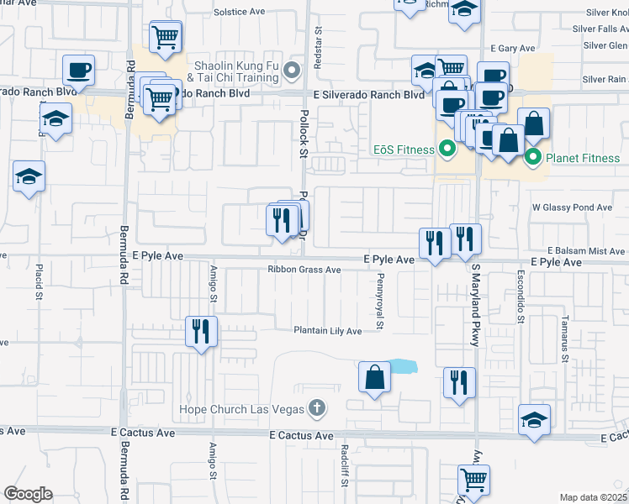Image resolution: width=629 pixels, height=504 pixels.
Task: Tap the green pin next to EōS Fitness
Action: (x=447, y=150)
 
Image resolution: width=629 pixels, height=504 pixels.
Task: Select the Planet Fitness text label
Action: (x=582, y=158)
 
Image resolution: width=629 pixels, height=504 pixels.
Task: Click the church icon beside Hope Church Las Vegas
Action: (x=316, y=409)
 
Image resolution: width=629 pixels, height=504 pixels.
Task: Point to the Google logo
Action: (x=28, y=494)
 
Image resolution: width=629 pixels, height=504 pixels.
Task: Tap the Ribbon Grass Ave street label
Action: (x=304, y=270)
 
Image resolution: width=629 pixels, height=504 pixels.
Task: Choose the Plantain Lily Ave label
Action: (x=327, y=331)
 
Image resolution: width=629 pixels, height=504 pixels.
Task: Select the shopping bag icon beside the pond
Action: (x=374, y=377)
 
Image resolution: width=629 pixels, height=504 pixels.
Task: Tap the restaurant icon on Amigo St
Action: (x=202, y=331)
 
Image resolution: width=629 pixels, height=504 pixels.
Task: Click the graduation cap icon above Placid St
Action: (x=29, y=177)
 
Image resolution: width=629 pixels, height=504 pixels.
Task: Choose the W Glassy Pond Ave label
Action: (x=572, y=207)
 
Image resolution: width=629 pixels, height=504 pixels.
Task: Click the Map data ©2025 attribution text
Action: (x=592, y=497)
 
